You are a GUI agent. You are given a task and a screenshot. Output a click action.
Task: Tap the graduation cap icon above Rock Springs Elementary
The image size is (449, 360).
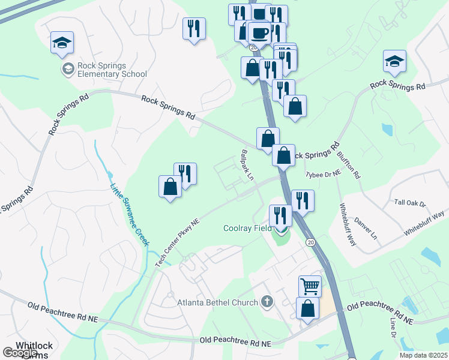pos(62,43)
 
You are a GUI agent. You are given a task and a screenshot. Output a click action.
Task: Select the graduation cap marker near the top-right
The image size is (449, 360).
pos(394,61)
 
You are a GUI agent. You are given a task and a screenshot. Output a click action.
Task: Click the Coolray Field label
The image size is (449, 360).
pos(249,228)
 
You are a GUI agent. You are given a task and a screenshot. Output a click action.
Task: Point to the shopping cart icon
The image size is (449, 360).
pos(310,286)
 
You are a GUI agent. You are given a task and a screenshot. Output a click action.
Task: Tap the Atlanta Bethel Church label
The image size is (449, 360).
pos(217,302)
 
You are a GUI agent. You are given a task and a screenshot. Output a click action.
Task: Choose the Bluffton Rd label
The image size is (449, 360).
pos(348,164)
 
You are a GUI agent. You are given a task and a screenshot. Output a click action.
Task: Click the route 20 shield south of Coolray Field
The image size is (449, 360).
pos(310,242)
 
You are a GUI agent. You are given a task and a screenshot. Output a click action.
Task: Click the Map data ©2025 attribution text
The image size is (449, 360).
pos(423,355)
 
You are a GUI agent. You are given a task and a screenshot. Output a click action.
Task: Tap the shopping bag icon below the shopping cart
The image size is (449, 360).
pos(307,309)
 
